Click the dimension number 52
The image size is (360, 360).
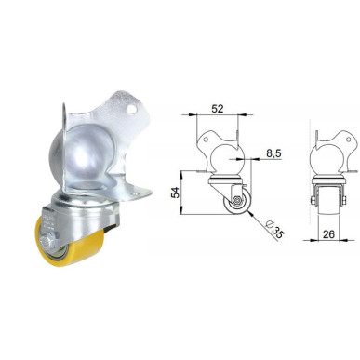(217, 108)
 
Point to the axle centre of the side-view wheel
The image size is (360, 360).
(237, 200)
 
